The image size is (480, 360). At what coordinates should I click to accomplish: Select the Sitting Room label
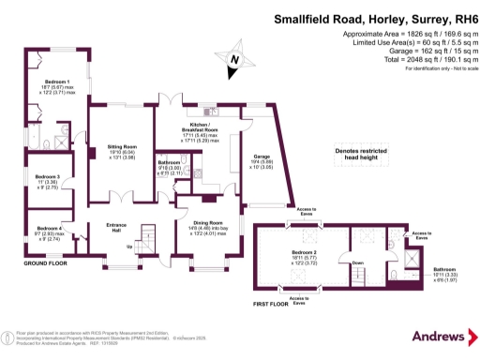pos(122,147)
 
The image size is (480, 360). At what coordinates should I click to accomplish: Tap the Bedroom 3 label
pos(47,176)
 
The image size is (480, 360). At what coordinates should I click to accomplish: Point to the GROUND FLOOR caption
pos(45,264)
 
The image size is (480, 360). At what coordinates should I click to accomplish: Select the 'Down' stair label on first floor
pos(357,263)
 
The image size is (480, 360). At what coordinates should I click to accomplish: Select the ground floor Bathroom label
pos(171,161)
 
